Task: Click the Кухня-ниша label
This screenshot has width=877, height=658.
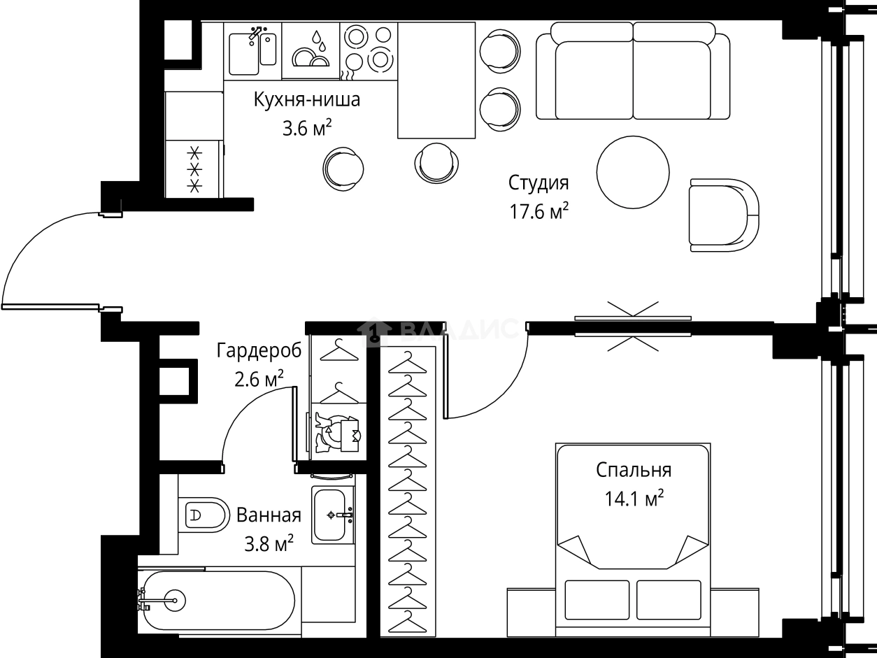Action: [x=307, y=100]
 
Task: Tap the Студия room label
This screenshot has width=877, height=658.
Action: [x=539, y=184]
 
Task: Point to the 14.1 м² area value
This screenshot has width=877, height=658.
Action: [x=634, y=499]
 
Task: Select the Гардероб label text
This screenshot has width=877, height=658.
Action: [x=259, y=351]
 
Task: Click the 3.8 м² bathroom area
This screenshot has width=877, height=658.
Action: [x=269, y=543]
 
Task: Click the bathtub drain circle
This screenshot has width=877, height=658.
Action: [x=175, y=600]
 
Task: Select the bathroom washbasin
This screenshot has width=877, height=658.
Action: [x=332, y=515]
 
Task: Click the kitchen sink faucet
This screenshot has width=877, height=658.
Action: [x=256, y=34]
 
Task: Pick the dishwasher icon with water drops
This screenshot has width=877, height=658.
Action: [x=311, y=50]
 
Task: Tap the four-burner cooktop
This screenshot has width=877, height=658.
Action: [x=369, y=51]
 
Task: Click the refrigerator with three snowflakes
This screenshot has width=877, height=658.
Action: [x=194, y=169]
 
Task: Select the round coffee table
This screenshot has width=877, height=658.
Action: [x=633, y=172]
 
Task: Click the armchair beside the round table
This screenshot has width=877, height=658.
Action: [x=724, y=215]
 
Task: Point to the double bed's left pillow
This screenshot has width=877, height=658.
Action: [x=597, y=599]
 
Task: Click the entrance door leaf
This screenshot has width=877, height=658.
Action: [x=50, y=306]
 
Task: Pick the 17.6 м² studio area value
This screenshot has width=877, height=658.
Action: [x=539, y=211]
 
